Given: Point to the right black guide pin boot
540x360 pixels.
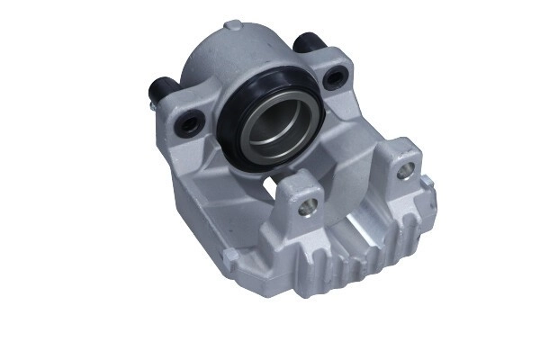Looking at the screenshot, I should point(309,42).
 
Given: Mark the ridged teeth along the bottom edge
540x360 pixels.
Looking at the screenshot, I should point(360,270).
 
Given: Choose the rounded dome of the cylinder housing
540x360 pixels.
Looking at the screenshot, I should point(225,54).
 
